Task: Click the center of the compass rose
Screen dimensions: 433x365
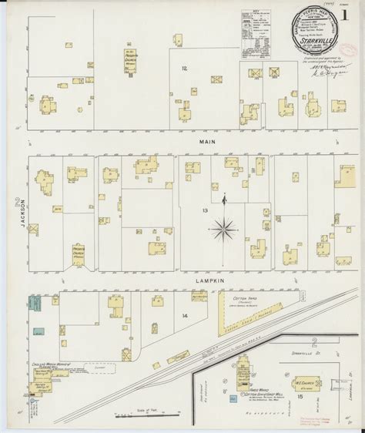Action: click(x=224, y=228)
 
